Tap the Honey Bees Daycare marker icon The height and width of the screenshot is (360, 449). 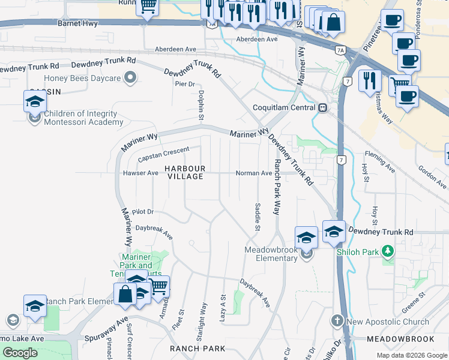click(x=130, y=77)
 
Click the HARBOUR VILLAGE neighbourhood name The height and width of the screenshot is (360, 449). click(x=185, y=172)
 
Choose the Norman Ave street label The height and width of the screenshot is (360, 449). click(x=253, y=173)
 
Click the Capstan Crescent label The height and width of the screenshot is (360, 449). click(x=163, y=154)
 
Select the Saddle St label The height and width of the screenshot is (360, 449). click(x=258, y=217)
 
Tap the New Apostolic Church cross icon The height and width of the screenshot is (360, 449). click(x=337, y=321)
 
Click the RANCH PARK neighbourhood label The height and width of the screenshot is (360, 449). click(x=197, y=348)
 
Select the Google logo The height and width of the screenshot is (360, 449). click(x=20, y=352)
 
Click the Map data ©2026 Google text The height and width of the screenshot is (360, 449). click(x=412, y=355)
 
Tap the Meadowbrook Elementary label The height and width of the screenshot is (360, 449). click(x=271, y=254)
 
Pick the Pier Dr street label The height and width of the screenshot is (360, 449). click(x=185, y=83)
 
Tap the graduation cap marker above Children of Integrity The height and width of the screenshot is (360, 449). click(x=35, y=100)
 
